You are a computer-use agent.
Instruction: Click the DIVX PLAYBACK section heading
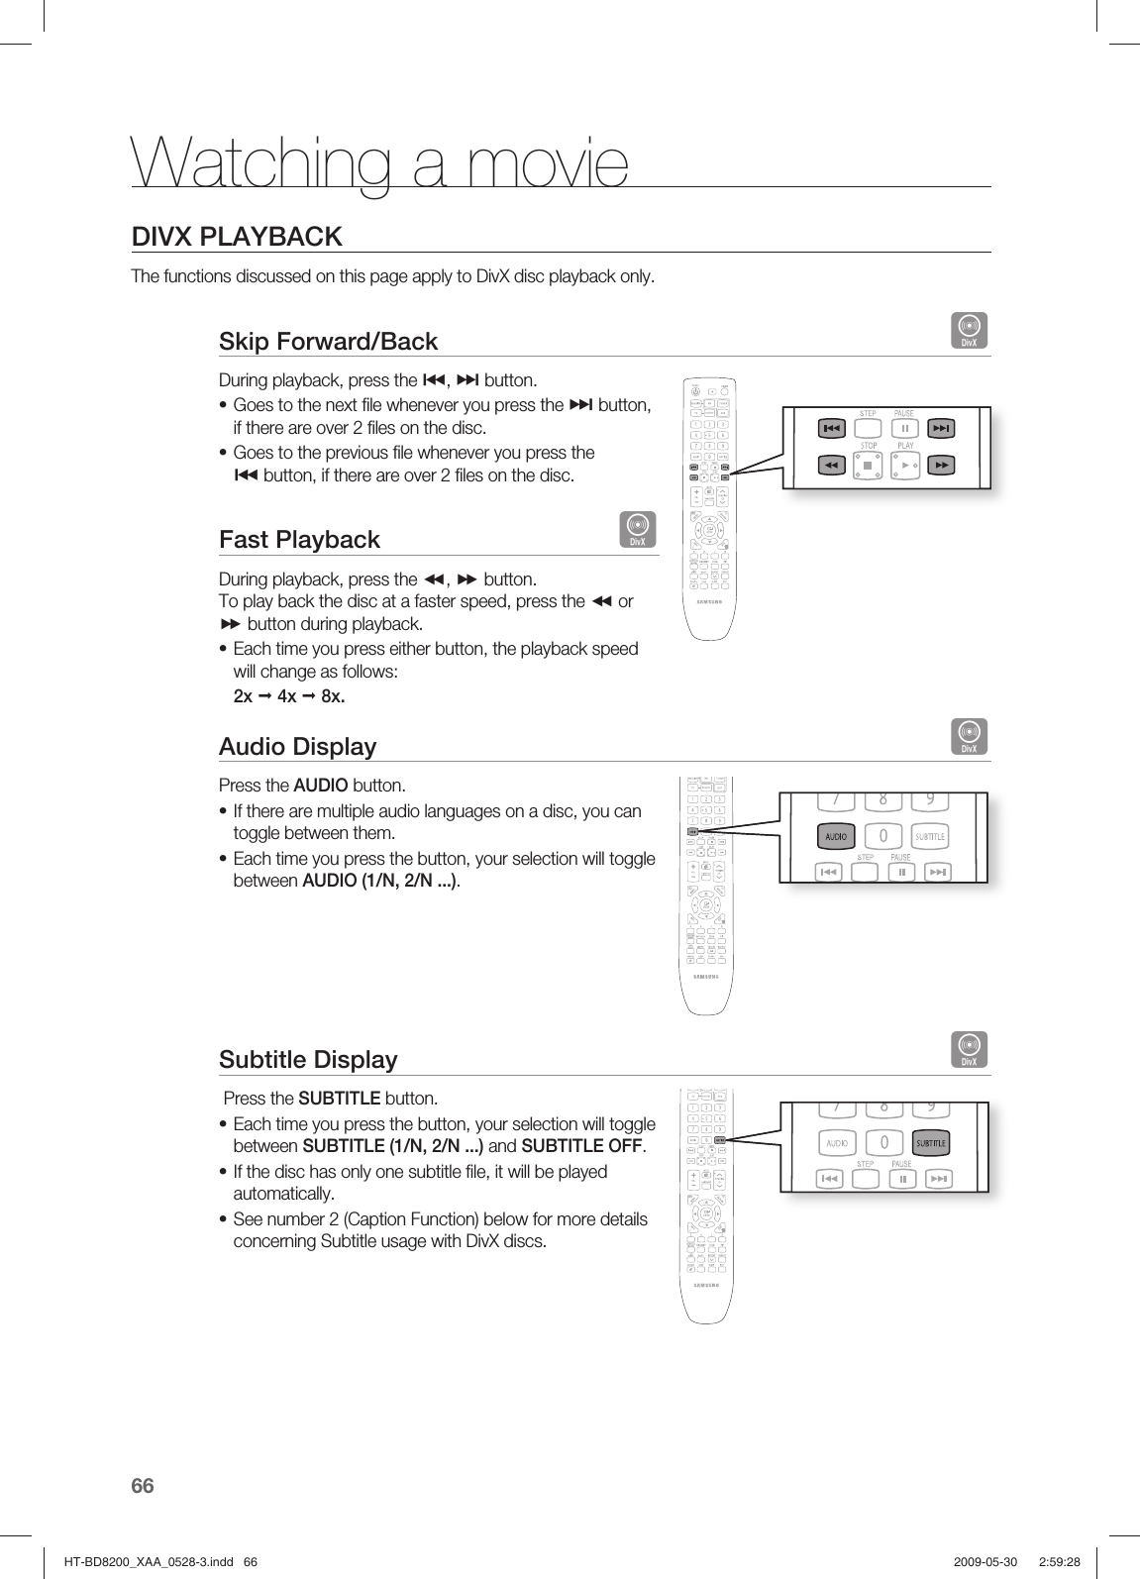(237, 237)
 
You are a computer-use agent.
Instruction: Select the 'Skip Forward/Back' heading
(328, 342)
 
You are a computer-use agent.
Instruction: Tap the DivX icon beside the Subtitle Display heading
(970, 1050)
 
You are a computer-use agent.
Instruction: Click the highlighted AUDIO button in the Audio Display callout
(836, 837)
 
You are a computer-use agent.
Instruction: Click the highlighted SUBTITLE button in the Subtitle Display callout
(930, 1143)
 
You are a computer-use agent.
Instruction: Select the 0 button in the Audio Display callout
(882, 837)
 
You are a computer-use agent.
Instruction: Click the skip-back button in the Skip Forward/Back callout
(831, 428)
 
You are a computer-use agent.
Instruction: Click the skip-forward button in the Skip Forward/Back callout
(940, 428)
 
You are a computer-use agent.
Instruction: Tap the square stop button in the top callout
(868, 465)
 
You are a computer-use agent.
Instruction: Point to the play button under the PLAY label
(904, 465)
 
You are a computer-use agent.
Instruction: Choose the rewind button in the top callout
(831, 465)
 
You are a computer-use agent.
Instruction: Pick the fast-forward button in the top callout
(940, 465)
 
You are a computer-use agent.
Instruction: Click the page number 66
(143, 1486)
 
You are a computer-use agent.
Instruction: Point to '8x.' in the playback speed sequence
(333, 696)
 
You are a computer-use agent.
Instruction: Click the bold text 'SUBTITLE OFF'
(582, 1147)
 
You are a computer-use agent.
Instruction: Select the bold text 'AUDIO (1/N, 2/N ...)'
(378, 881)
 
